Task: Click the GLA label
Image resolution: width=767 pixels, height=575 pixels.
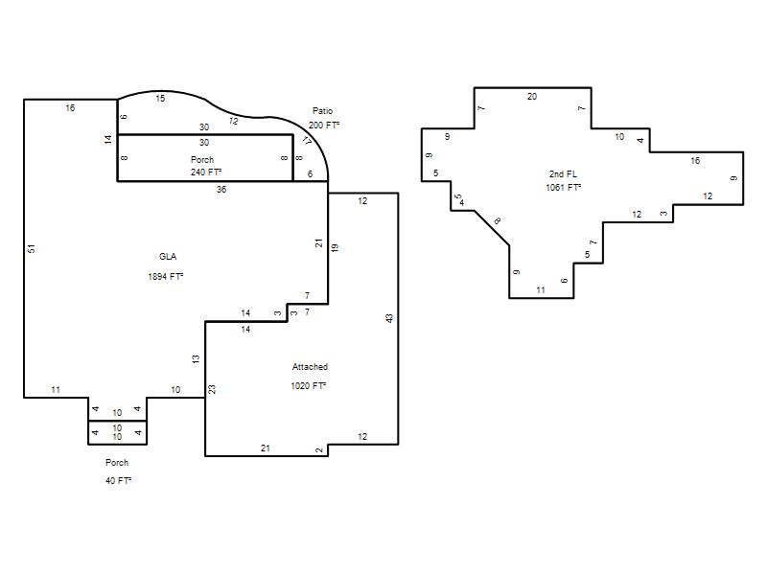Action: coord(168,257)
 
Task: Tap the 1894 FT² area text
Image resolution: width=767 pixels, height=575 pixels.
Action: coord(165,277)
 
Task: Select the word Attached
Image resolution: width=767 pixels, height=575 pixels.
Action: coord(310,367)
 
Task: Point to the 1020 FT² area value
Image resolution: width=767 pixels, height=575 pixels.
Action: coord(308,386)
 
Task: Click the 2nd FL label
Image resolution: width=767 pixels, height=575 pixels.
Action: coord(563,174)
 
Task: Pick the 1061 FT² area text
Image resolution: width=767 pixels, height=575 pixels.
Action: coord(564,187)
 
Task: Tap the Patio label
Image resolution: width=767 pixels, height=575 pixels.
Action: coord(322,111)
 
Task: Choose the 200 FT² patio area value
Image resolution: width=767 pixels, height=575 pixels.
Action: coord(324,126)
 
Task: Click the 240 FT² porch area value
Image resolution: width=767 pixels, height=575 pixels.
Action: coord(206,172)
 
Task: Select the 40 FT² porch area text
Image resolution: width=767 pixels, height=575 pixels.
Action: coord(118,481)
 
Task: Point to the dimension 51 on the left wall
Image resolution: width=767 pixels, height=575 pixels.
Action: coord(32,248)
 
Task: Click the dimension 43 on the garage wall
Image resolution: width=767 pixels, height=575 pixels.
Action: coord(389,318)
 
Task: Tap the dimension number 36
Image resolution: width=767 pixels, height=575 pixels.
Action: coord(221,189)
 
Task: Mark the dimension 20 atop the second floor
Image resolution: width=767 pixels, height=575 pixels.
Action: coord(532,97)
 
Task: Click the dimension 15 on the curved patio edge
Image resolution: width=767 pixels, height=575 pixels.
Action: coord(160,99)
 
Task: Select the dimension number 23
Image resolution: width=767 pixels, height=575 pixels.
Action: coord(212,389)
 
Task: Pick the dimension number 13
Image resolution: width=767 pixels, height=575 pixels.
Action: coord(196,358)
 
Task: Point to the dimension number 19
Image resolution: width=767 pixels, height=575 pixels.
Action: coord(335,247)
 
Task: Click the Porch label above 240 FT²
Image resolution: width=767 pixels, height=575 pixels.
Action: coord(202,159)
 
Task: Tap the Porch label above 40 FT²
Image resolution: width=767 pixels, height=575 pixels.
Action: coord(117,463)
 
